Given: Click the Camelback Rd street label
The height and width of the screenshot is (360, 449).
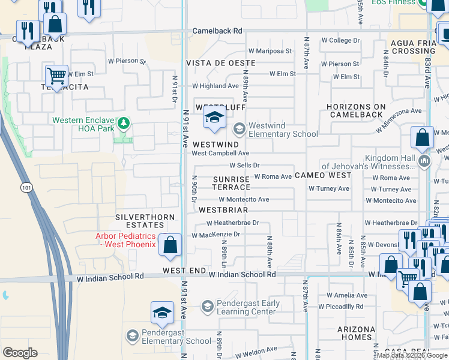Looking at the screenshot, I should coord(217,31).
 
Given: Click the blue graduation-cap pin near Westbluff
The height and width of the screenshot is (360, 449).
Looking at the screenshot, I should coord(214,118).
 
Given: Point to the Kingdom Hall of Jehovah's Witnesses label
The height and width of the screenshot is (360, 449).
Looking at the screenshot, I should coord(369,162).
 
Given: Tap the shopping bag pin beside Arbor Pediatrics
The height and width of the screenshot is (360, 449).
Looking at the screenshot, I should coord(170,245).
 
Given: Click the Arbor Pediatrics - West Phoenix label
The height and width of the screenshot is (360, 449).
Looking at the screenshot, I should coord(125,240).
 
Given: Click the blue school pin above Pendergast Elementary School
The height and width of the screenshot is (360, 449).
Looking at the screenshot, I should coord(162,313).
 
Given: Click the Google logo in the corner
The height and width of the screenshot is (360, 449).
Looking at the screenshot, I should coord(20,353).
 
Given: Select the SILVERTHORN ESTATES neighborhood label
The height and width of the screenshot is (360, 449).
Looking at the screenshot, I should coord(145,221).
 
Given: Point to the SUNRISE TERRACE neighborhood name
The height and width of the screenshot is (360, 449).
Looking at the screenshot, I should coord(231,183).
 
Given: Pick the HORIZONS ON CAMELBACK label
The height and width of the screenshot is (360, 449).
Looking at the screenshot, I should coord(355,110).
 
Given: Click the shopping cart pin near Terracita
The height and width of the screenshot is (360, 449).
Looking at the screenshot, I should coord(56,76).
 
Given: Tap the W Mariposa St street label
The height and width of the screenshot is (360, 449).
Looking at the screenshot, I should coord(270,51).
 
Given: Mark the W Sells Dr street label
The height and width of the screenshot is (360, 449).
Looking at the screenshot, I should coord(244,165).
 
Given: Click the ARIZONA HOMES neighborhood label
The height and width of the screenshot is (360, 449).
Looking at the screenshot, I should coord(355,333).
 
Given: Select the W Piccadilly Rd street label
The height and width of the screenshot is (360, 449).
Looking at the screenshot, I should coord(342,307).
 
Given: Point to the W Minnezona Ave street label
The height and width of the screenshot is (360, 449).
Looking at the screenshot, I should coord(399,120).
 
